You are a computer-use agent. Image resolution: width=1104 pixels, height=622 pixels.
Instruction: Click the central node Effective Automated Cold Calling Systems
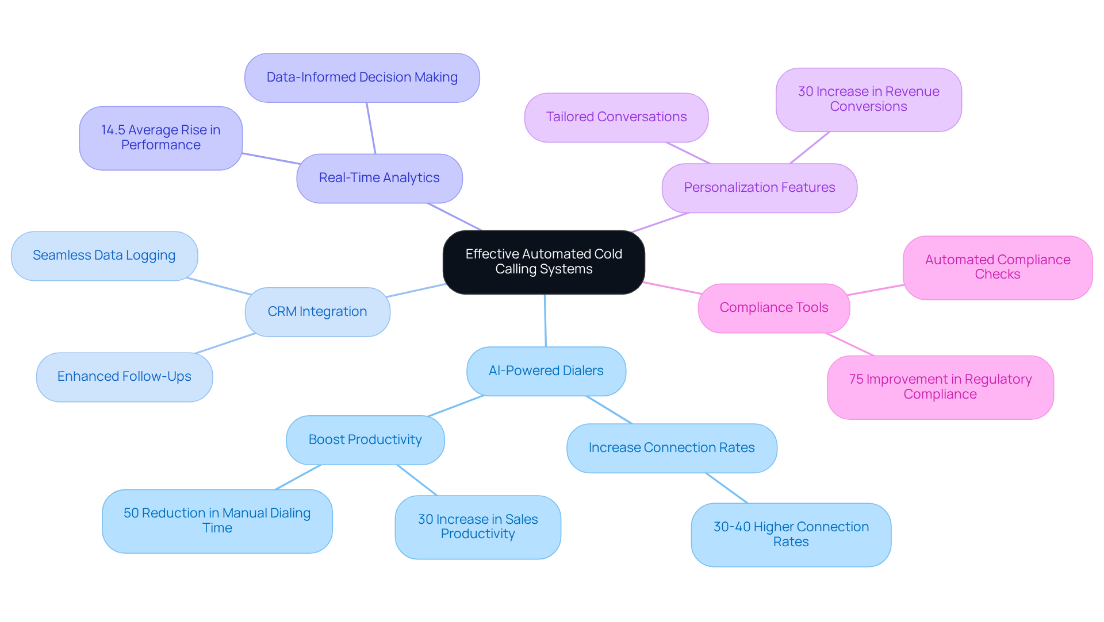tap(543, 262)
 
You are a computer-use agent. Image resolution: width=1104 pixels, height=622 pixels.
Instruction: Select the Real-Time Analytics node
tap(379, 178)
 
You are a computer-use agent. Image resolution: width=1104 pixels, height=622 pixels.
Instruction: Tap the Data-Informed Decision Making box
tap(362, 78)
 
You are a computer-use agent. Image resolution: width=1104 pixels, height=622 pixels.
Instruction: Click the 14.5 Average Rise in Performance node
tap(160, 138)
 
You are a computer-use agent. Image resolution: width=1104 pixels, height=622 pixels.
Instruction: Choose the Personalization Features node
tap(759, 188)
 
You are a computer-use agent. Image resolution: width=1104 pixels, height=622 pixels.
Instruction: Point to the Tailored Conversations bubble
tap(616, 117)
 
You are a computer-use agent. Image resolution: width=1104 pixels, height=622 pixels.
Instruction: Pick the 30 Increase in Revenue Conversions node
tap(868, 99)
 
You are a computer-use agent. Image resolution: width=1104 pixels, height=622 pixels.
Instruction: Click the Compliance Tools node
tap(773, 308)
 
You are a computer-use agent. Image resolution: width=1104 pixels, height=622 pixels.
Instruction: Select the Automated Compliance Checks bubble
tap(997, 267)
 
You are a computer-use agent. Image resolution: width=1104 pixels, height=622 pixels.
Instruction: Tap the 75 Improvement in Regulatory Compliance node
tap(940, 387)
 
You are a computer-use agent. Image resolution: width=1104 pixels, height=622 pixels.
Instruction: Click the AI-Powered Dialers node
tap(546, 371)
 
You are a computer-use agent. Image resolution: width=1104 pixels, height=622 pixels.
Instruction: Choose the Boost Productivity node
tap(365, 440)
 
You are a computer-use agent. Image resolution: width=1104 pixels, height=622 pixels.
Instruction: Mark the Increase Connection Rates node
tap(671, 448)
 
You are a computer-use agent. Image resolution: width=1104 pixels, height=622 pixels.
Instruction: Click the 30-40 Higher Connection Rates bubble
tap(791, 535)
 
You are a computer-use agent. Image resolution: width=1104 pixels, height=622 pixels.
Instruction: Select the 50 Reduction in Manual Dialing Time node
tap(217, 521)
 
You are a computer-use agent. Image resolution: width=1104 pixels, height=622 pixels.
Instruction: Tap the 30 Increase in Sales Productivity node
tap(477, 527)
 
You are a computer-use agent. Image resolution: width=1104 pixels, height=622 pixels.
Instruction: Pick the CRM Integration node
tap(317, 312)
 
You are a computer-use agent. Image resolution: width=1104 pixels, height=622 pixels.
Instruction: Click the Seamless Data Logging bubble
tap(104, 256)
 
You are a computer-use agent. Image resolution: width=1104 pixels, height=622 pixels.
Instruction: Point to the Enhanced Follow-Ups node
tap(124, 377)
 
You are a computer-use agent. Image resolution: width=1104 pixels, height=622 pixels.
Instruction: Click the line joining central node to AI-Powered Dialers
tap(545, 320)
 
